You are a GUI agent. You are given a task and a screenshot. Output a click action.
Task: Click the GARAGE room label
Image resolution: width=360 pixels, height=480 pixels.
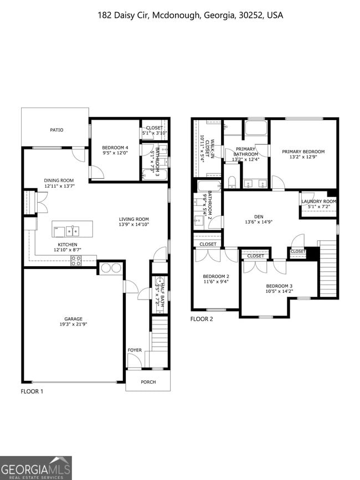pos(73,319)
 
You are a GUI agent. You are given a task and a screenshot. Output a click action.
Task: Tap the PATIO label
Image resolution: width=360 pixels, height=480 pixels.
pos(56,130)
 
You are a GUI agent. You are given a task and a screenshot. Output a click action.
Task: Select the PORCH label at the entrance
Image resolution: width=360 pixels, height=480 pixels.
pos(148,382)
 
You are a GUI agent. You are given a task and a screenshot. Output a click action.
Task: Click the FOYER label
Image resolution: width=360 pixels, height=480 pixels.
pos(135,350)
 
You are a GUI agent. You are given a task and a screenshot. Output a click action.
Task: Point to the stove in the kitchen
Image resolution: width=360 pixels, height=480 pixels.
pos(75,261)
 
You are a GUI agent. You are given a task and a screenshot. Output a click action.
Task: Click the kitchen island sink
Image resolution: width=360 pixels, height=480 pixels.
pos(72,229)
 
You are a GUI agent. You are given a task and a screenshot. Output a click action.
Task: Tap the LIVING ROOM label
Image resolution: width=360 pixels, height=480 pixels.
pos(133,219)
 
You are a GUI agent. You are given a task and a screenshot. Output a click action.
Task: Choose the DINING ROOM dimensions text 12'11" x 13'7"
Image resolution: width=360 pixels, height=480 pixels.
pos(59,186)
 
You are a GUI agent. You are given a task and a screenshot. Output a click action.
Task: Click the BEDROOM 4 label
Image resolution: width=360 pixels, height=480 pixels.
pos(115,147)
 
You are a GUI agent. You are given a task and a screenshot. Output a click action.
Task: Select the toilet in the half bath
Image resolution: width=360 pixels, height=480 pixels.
pos(160,281)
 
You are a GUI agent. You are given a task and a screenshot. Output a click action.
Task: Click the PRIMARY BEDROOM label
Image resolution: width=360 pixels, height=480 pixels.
pos(303,152)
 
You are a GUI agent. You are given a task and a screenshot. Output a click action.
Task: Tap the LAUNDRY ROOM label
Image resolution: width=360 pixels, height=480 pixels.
pos(318,201)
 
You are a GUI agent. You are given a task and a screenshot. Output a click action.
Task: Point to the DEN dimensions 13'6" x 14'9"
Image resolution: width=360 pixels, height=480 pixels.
pos(259,222)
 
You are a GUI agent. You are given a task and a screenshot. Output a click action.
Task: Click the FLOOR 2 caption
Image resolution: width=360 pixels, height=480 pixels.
pos(202,319)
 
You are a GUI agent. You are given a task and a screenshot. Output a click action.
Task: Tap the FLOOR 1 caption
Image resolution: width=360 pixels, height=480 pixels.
pos(32,391)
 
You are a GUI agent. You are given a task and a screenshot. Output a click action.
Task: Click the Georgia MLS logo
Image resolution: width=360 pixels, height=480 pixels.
pos(36,467)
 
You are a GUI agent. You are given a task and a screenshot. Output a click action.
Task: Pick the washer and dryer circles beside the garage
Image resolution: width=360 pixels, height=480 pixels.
pos(110,268)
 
